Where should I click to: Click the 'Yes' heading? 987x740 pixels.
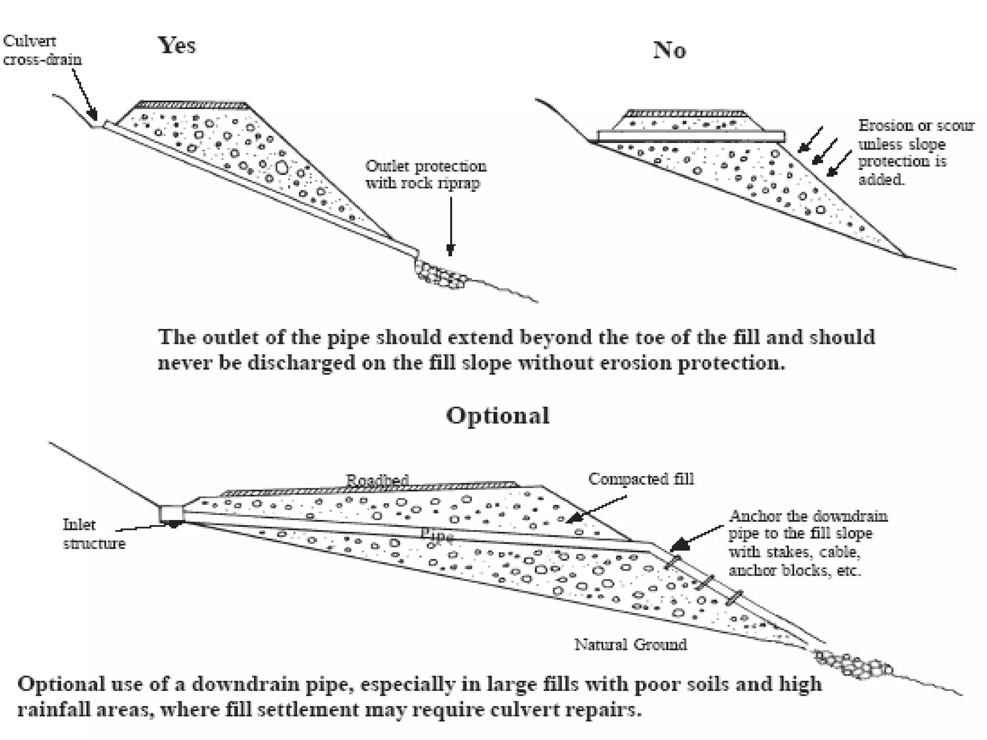[177, 46]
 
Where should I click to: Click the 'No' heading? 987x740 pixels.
[669, 50]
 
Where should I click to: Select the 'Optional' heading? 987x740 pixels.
[497, 415]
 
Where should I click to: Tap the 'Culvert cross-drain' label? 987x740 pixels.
[42, 50]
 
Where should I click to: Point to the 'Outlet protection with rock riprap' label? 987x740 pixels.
[426, 174]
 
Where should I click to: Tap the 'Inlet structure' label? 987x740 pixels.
[93, 534]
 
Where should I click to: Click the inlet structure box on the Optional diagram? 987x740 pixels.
[172, 514]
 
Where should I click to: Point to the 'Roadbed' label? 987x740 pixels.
[377, 480]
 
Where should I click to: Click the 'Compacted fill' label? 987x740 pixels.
[641, 479]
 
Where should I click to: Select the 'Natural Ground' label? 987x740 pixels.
[630, 644]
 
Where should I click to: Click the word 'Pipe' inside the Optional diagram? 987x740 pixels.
[437, 534]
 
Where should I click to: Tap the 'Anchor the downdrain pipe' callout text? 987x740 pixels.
[807, 543]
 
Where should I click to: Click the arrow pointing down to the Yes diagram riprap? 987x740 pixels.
[451, 226]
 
